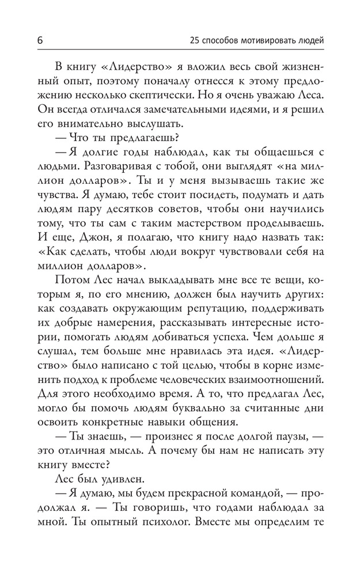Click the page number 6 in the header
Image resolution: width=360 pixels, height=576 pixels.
coord(40,41)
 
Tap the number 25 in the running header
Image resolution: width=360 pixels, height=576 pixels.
coord(194,41)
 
